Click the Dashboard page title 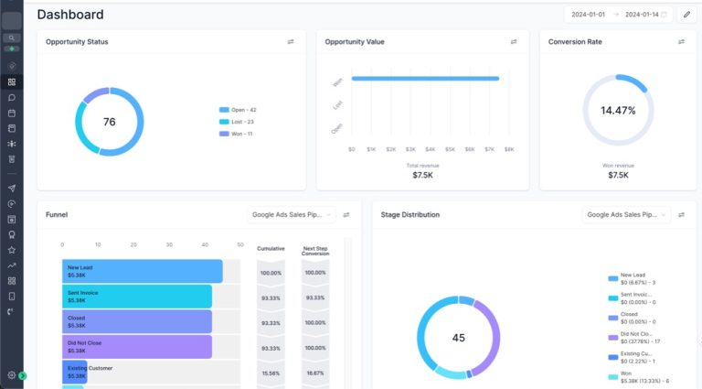(x=70, y=15)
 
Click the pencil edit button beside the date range (x=686, y=15)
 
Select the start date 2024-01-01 (x=589, y=15)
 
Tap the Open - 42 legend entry (x=238, y=110)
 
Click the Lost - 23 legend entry (x=237, y=122)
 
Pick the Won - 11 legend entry (x=237, y=134)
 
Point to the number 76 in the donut (x=110, y=122)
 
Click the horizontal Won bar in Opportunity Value (x=425, y=79)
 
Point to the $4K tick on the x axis (x=431, y=149)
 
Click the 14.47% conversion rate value (x=618, y=110)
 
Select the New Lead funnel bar (x=143, y=271)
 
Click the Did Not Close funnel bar (x=137, y=346)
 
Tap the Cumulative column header (x=271, y=248)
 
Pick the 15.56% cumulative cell (x=271, y=373)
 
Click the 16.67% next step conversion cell (x=314, y=373)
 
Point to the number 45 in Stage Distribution (x=459, y=338)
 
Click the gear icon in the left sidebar (x=12, y=375)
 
